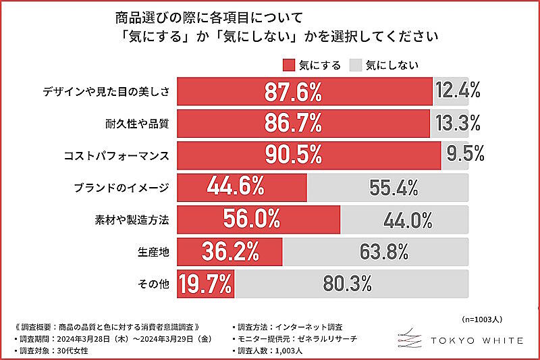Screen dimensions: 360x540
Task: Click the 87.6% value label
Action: pos(292,91)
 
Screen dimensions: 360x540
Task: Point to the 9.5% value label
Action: pos(465,154)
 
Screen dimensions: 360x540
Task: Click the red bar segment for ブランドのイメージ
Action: pos(241,187)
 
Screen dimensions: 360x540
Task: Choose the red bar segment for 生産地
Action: pos(230,252)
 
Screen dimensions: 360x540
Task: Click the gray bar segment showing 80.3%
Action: pos(352,284)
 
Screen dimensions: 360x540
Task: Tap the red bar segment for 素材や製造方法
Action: pos(259,220)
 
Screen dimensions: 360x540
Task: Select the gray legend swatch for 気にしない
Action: pos(355,65)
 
